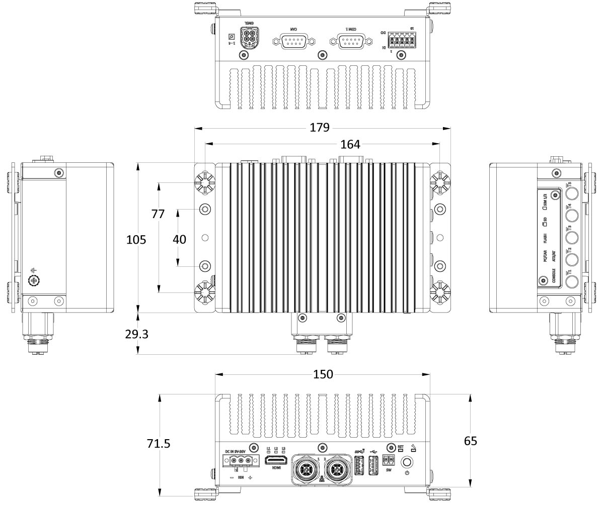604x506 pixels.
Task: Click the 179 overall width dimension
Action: [319, 128]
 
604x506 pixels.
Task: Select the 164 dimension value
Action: [350, 145]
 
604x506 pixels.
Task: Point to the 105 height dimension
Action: [136, 240]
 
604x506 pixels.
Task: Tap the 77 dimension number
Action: [158, 214]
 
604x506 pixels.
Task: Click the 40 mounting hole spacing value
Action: [179, 240]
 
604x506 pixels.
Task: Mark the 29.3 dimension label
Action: [136, 334]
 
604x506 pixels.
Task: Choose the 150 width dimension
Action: [323, 374]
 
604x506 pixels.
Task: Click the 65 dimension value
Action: [470, 441]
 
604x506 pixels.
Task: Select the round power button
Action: [407, 462]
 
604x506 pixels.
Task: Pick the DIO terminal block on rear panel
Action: [402, 40]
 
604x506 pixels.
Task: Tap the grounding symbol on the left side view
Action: [34, 278]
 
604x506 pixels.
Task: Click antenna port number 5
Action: [571, 194]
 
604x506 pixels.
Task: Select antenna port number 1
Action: [571, 281]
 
